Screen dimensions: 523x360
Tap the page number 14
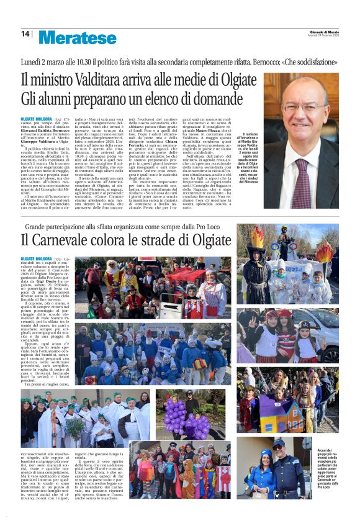click(25, 34)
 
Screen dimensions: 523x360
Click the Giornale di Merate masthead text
click(323, 32)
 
